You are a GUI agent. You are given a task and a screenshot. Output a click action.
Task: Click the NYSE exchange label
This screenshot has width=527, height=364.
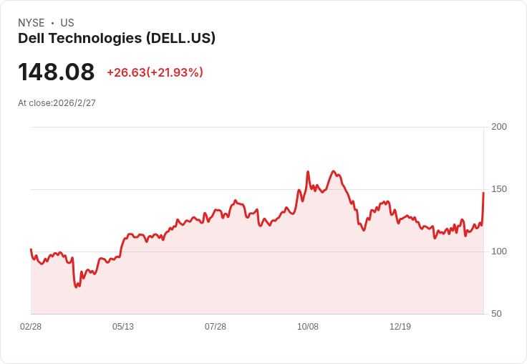[x=31, y=23]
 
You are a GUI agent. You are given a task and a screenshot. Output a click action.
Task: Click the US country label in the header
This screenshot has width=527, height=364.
[x=67, y=23]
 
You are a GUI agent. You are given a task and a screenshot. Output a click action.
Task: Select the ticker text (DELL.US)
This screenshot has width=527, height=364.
[x=180, y=39]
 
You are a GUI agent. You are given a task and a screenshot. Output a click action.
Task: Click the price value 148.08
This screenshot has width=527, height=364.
[x=57, y=72]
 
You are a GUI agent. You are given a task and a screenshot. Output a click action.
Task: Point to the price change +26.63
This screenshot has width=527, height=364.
[x=126, y=72]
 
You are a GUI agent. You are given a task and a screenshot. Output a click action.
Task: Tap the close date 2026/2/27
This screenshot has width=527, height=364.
[x=74, y=103]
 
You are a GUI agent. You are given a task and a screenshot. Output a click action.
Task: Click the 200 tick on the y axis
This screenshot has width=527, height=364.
[x=499, y=127]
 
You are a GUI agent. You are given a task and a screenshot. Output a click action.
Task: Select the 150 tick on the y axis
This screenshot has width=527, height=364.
[x=499, y=189]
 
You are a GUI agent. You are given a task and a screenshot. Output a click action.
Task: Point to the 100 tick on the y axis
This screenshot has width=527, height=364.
[x=499, y=252]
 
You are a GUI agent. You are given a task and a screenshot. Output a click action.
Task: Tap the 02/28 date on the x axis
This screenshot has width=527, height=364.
[x=31, y=327]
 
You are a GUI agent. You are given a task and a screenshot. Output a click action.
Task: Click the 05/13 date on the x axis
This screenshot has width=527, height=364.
[x=123, y=327]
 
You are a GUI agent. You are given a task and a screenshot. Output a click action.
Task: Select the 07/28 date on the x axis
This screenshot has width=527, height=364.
[x=216, y=327]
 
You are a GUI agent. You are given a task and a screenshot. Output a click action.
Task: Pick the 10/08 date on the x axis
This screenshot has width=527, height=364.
[x=308, y=327]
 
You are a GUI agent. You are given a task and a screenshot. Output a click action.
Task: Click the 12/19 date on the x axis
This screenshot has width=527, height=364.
[x=400, y=327]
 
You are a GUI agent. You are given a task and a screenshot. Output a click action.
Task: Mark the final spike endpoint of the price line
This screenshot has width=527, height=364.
[x=483, y=193]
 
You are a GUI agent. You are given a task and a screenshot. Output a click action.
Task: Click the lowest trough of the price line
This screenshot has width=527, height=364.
[x=77, y=287]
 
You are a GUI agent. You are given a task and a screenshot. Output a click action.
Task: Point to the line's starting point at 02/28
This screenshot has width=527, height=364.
[x=31, y=249]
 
